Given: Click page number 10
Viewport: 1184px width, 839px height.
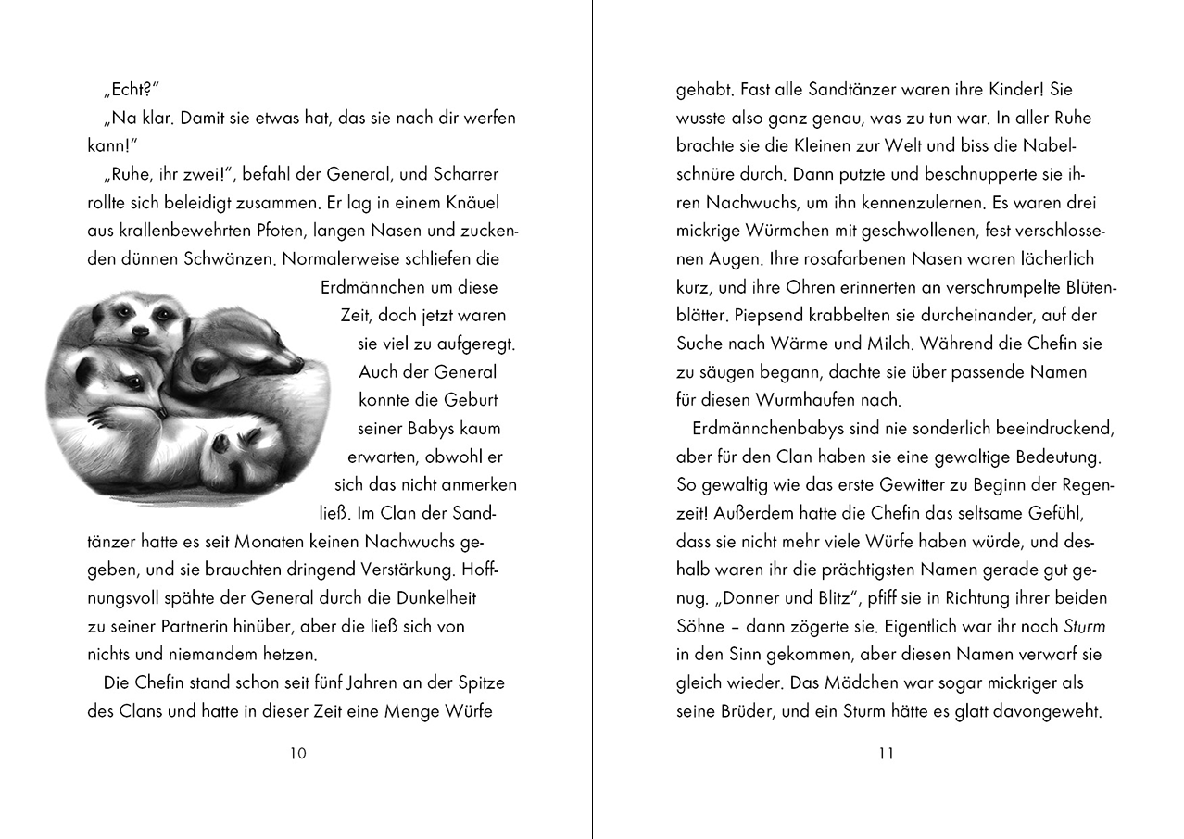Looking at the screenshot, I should pos(298,753).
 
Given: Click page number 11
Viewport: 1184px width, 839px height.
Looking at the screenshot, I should pos(886,753).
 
